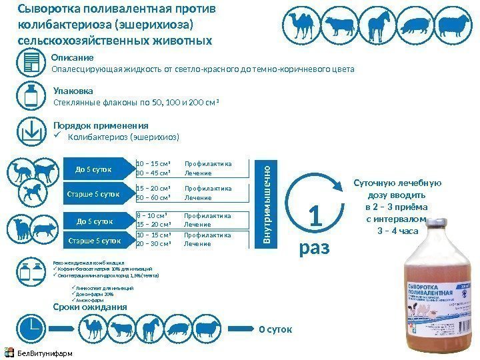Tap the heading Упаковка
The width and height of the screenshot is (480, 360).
(x=73, y=90)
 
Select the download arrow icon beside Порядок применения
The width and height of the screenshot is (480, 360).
(x=31, y=131)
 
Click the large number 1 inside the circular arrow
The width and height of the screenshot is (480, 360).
(x=316, y=217)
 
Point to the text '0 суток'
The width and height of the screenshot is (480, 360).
(x=275, y=329)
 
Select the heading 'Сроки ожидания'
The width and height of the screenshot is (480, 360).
(x=89, y=307)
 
